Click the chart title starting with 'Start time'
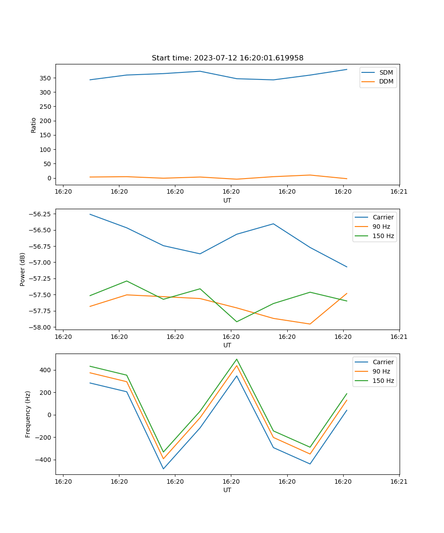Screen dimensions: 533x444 pyautogui.click(x=227, y=58)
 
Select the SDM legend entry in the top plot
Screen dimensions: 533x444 pyautogui.click(x=386, y=72)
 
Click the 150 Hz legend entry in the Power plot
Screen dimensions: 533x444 pyautogui.click(x=383, y=236)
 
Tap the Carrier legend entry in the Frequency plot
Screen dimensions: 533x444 pyautogui.click(x=383, y=362)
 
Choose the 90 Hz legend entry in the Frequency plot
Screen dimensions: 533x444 pyautogui.click(x=381, y=371)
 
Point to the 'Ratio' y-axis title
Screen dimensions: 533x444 pyautogui.click(x=34, y=125)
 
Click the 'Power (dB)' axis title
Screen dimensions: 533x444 pyautogui.click(x=23, y=269)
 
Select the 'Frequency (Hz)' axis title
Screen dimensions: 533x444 pyautogui.click(x=28, y=414)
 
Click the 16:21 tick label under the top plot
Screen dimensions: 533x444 pyautogui.click(x=399, y=192)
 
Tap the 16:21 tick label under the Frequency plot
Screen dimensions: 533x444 pyautogui.click(x=399, y=481)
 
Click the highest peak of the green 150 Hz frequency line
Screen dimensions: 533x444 pyautogui.click(x=237, y=359)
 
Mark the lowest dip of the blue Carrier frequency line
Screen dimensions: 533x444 pyautogui.click(x=163, y=469)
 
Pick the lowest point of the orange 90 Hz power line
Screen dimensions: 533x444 pyautogui.click(x=310, y=324)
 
